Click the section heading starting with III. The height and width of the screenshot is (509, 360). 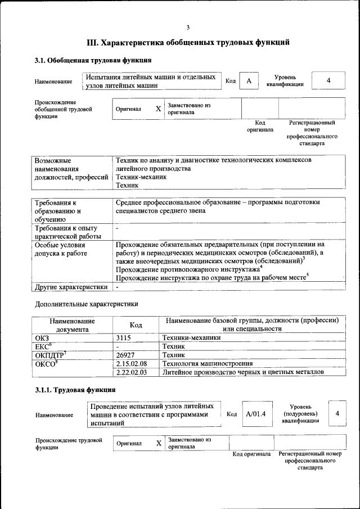tap(188, 42)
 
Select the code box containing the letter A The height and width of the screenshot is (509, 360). tap(248, 81)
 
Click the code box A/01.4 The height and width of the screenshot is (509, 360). tap(255, 413)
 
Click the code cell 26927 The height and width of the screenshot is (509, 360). tap(125, 355)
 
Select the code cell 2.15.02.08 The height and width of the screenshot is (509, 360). tap(130, 364)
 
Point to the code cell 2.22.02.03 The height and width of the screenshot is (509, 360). tap(130, 372)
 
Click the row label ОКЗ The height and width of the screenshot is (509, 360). tap(42, 338)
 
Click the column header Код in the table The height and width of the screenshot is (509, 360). tap(136, 325)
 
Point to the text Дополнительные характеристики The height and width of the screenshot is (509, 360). tap(86, 304)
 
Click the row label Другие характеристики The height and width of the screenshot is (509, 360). tap(70, 286)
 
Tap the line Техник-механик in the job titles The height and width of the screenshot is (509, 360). tap(141, 177)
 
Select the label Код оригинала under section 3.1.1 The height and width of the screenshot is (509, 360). tap(251, 454)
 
